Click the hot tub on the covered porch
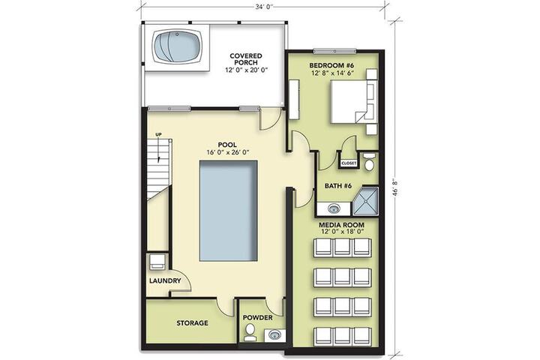coord(178,46)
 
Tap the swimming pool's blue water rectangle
coord(228,211)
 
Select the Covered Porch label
coord(246,59)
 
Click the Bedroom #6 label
coord(331,65)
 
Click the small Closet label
coord(349,163)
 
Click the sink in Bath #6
coord(333,208)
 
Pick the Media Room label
coord(341,225)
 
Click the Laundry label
coord(165,280)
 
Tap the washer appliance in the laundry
coord(157,262)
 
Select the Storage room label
coord(192,323)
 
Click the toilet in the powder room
coord(249,332)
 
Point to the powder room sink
coord(274,334)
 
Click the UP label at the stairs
coord(158,135)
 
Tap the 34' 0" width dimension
coord(264,7)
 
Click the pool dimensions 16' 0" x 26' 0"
coord(228,152)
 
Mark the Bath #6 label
coord(338,186)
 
